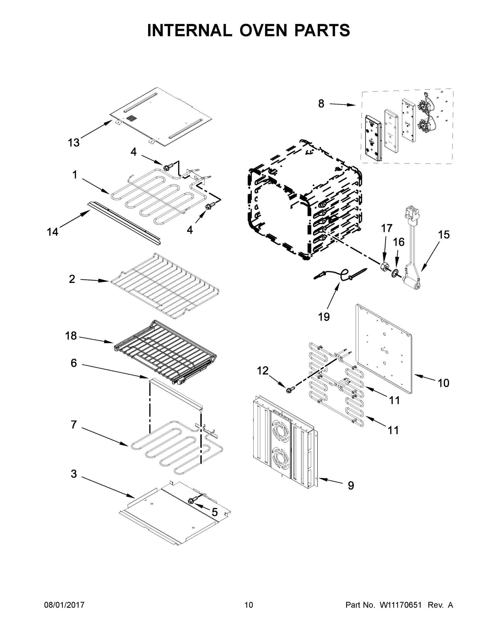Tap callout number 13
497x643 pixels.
coord(74,143)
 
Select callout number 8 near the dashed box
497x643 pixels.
coord(321,104)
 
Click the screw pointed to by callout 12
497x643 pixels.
coord(289,390)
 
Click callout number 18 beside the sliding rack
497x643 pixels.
coord(71,336)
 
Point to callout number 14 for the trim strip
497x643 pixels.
coord(53,232)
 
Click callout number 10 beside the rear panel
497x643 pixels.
coord(443,383)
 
